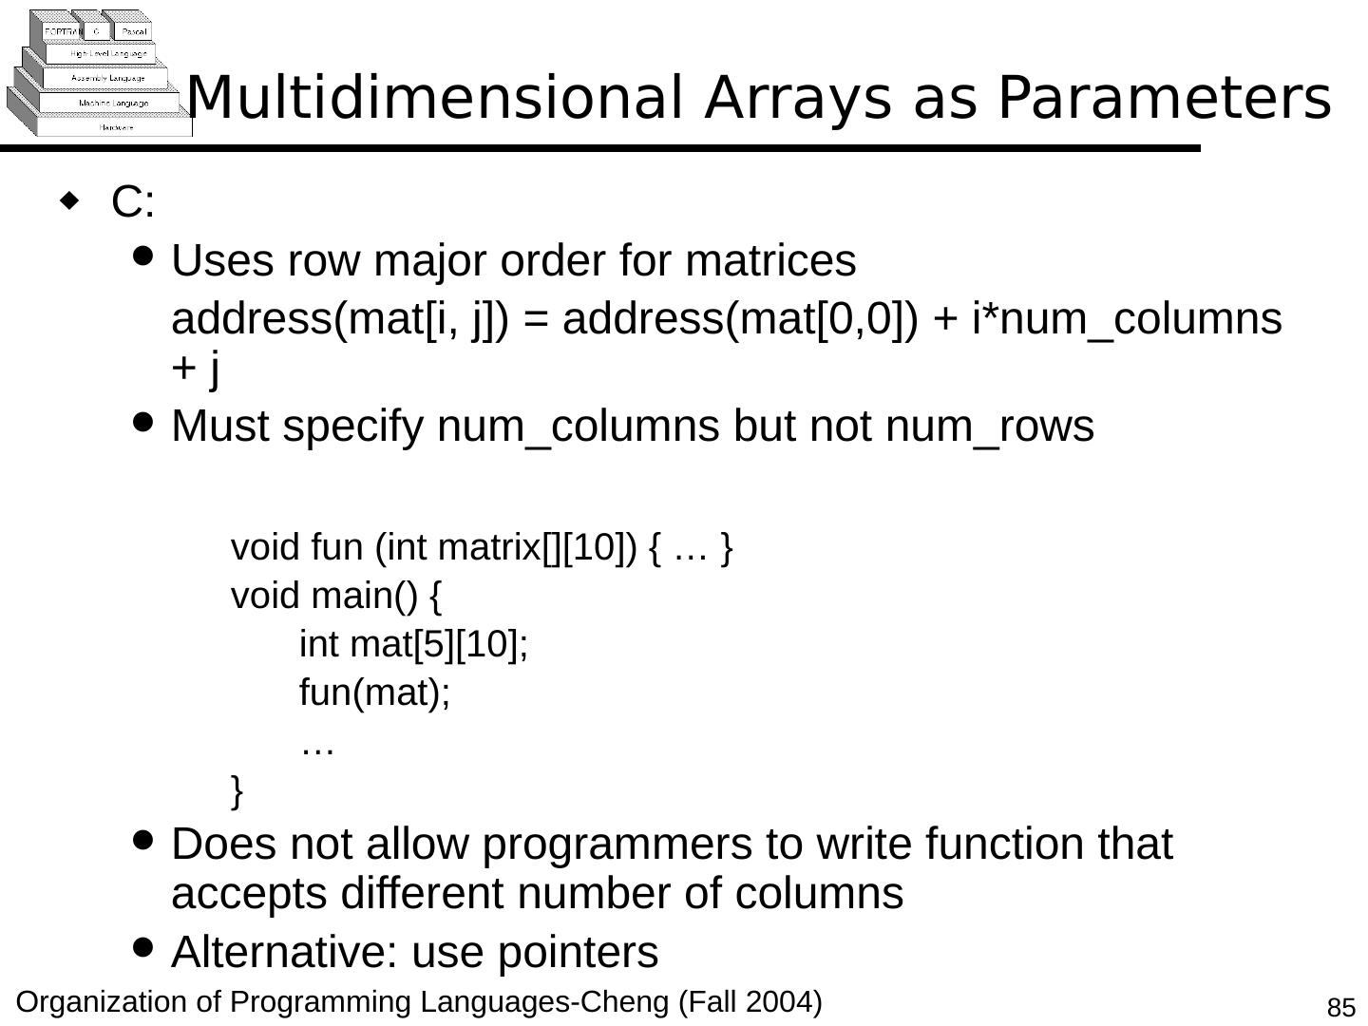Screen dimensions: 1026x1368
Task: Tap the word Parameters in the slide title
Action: click(x=1164, y=97)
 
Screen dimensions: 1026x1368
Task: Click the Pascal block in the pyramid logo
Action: click(x=133, y=31)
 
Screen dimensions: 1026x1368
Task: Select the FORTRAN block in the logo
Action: click(x=63, y=31)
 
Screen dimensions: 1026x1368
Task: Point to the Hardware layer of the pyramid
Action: click(x=116, y=126)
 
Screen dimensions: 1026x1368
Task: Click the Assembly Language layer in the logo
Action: click(x=107, y=78)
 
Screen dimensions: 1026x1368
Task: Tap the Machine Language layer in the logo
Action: click(x=113, y=103)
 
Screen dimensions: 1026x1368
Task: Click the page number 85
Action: click(x=1340, y=1008)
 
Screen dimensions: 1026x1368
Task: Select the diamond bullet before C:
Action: click(x=68, y=200)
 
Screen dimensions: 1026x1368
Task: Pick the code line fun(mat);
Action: click(x=374, y=693)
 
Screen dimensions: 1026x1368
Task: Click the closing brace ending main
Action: click(x=237, y=789)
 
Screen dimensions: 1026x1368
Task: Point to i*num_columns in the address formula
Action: click(x=1127, y=319)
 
